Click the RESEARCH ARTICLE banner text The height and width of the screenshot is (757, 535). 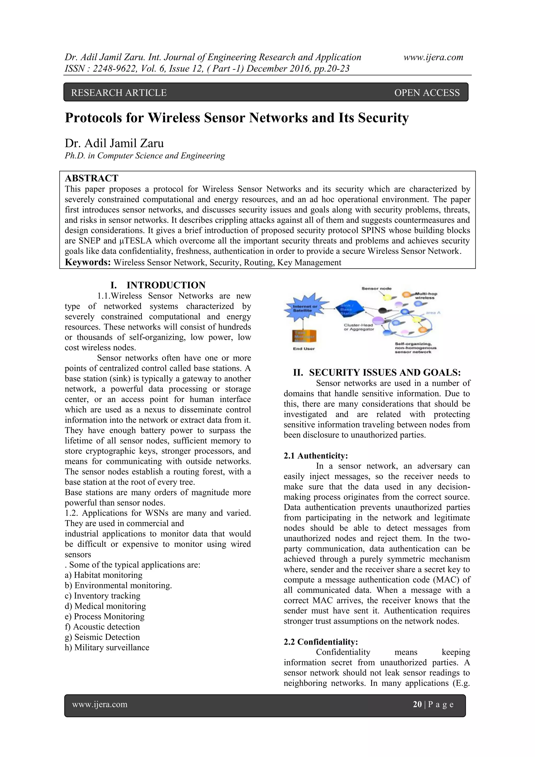pos(119,93)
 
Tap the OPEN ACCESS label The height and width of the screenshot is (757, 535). pos(427,93)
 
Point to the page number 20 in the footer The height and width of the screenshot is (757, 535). pos(417,704)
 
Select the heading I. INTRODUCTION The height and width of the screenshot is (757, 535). pos(158,285)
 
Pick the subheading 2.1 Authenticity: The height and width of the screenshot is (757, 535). pos(316,456)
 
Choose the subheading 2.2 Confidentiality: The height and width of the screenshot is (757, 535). pos(321,642)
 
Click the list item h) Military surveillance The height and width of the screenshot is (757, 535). pos(107,647)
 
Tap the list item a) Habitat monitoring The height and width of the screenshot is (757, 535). pos(103,575)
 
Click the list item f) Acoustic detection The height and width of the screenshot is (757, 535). pos(102,627)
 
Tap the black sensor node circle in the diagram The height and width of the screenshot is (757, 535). pos(382,310)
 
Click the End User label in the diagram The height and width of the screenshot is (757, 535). pos(304,349)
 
